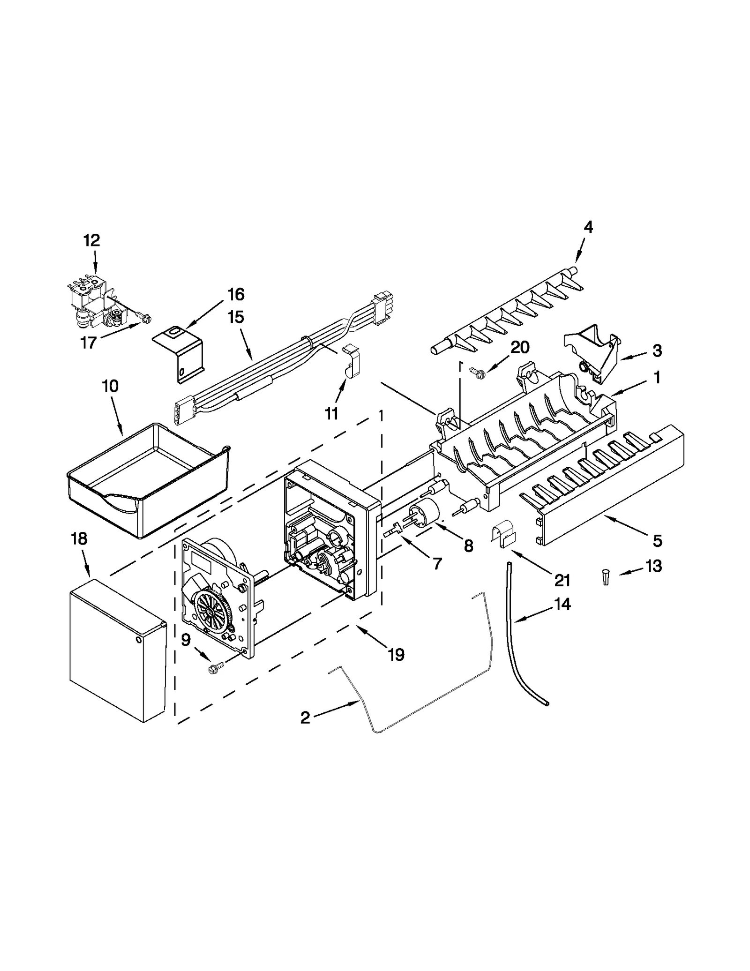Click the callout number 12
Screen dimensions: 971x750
click(92, 241)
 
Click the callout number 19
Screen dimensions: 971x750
click(396, 655)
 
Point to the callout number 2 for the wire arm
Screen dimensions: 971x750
click(305, 717)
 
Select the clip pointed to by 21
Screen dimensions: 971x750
click(502, 535)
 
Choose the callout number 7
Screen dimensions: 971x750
click(437, 564)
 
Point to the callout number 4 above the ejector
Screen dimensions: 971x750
click(588, 228)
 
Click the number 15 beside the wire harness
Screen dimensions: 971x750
click(236, 317)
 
